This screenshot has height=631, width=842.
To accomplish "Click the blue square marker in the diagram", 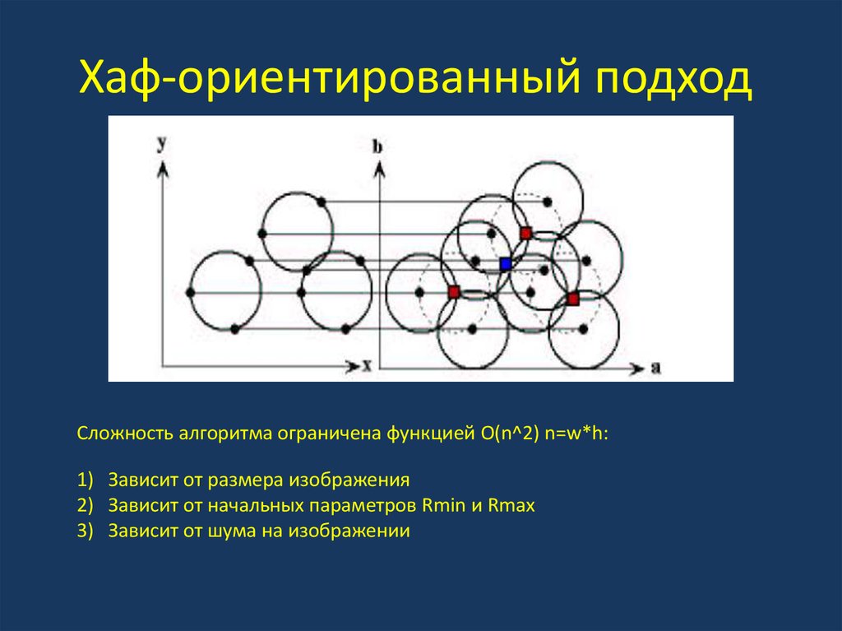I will pyautogui.click(x=506, y=263).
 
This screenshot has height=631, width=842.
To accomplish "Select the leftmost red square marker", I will pyautogui.click(x=453, y=291).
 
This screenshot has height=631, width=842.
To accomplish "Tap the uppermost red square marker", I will pyautogui.click(x=525, y=234).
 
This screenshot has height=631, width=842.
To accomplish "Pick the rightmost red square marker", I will pyautogui.click(x=573, y=299).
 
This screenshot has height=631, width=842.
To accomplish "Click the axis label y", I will pyautogui.click(x=163, y=142).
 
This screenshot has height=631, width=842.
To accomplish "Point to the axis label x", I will pyautogui.click(x=368, y=366).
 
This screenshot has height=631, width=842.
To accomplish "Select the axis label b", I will pyautogui.click(x=377, y=146).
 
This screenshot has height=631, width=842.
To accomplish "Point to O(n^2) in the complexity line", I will pyautogui.click(x=504, y=434).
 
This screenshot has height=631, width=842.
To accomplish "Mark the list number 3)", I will pyautogui.click(x=86, y=531).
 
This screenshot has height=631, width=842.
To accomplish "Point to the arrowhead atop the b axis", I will pyautogui.click(x=378, y=167).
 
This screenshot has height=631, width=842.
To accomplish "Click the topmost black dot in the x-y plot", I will pyautogui.click(x=321, y=201).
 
